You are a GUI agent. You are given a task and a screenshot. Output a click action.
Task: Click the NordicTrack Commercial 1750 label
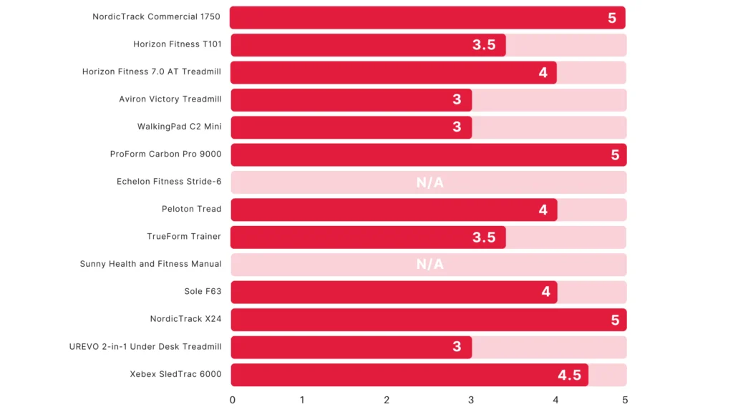coord(156,16)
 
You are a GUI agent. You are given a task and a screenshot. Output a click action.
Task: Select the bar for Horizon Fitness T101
coord(368,44)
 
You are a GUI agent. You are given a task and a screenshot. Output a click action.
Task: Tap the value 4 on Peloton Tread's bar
coord(543,210)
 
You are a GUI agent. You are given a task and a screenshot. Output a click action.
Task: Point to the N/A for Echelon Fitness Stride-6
coord(429,182)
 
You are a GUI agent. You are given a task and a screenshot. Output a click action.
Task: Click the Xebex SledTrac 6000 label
coord(175,374)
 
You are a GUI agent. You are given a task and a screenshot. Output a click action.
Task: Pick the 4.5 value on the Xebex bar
coord(572,375)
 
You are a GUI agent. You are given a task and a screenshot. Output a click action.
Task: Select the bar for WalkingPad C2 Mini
coord(351,127)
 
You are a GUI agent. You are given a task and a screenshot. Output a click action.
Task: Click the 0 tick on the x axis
coord(233,400)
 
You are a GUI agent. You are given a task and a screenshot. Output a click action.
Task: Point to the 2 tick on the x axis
coord(387,400)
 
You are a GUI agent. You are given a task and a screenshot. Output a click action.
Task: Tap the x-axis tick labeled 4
coord(555,400)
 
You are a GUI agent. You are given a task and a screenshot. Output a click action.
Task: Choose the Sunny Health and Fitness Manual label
coord(150,264)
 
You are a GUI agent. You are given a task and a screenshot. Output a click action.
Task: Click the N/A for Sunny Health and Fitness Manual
coord(429,265)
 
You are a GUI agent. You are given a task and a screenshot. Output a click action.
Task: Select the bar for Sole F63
coord(394,292)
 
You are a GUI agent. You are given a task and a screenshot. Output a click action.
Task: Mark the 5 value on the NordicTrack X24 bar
coord(615,320)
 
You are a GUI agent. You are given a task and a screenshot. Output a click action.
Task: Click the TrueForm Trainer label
coord(184,237)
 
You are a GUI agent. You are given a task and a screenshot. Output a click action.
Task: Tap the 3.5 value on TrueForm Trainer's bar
coord(484,237)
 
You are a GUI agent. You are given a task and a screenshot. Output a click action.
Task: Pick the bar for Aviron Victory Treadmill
coord(351,99)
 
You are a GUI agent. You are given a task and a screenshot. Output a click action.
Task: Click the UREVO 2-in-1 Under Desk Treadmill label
coord(145,347)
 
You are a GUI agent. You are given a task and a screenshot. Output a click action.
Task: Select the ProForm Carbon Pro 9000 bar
coord(428,154)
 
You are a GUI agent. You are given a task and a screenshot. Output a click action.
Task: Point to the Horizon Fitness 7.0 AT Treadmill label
coord(151,72)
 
